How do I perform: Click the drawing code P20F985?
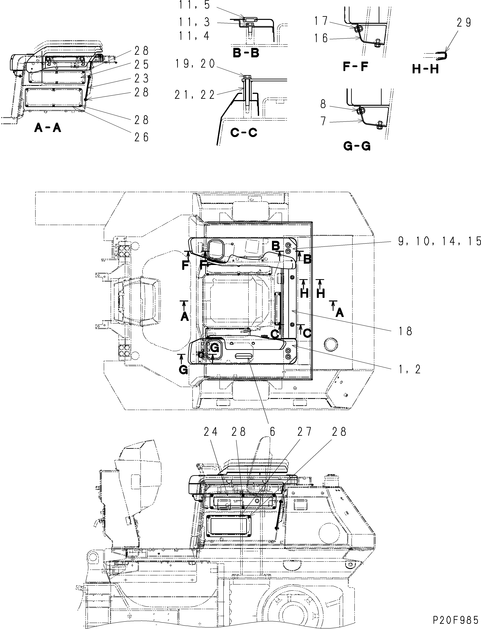click(x=455, y=619)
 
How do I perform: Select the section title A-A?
click(x=47, y=128)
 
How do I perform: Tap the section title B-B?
click(x=246, y=53)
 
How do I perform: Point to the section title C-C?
click(x=244, y=132)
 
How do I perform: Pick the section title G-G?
click(x=357, y=146)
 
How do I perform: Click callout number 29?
click(x=464, y=23)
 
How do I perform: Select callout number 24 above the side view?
click(x=211, y=432)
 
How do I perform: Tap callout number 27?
click(x=304, y=432)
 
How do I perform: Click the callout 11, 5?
click(x=195, y=5)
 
